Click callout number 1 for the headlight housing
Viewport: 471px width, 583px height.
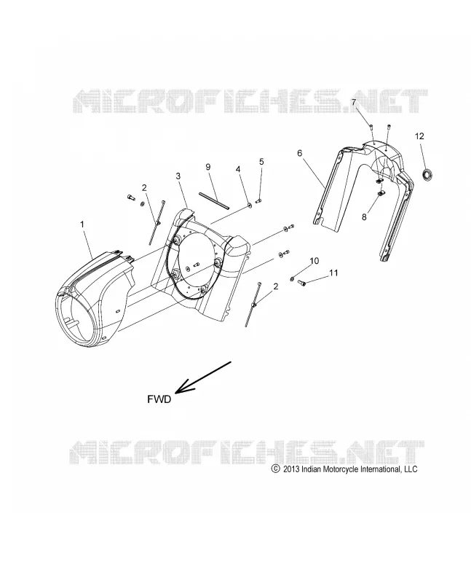pyautogui.click(x=82, y=224)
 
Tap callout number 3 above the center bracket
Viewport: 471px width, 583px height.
pyautogui.click(x=178, y=176)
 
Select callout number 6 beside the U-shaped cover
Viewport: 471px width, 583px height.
pyautogui.click(x=300, y=153)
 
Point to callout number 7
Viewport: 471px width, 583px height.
pyautogui.click(x=354, y=102)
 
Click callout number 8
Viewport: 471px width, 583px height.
pyautogui.click(x=364, y=216)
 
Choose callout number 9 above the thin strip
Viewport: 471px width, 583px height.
pyautogui.click(x=208, y=167)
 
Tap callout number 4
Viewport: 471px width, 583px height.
pyautogui.click(x=238, y=169)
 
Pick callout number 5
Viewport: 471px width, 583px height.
pyautogui.click(x=261, y=161)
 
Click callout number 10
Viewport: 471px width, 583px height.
pyautogui.click(x=314, y=261)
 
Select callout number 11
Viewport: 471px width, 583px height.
pyautogui.click(x=333, y=273)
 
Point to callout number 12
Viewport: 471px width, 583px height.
pyautogui.click(x=419, y=136)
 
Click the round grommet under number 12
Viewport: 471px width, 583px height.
pyautogui.click(x=427, y=173)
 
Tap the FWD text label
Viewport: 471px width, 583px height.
pyautogui.click(x=159, y=399)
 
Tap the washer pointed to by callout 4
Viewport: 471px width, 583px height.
pyautogui.click(x=250, y=204)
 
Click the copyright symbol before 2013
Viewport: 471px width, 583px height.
pyautogui.click(x=276, y=469)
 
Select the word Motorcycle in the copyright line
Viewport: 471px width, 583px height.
pyautogui.click(x=342, y=469)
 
